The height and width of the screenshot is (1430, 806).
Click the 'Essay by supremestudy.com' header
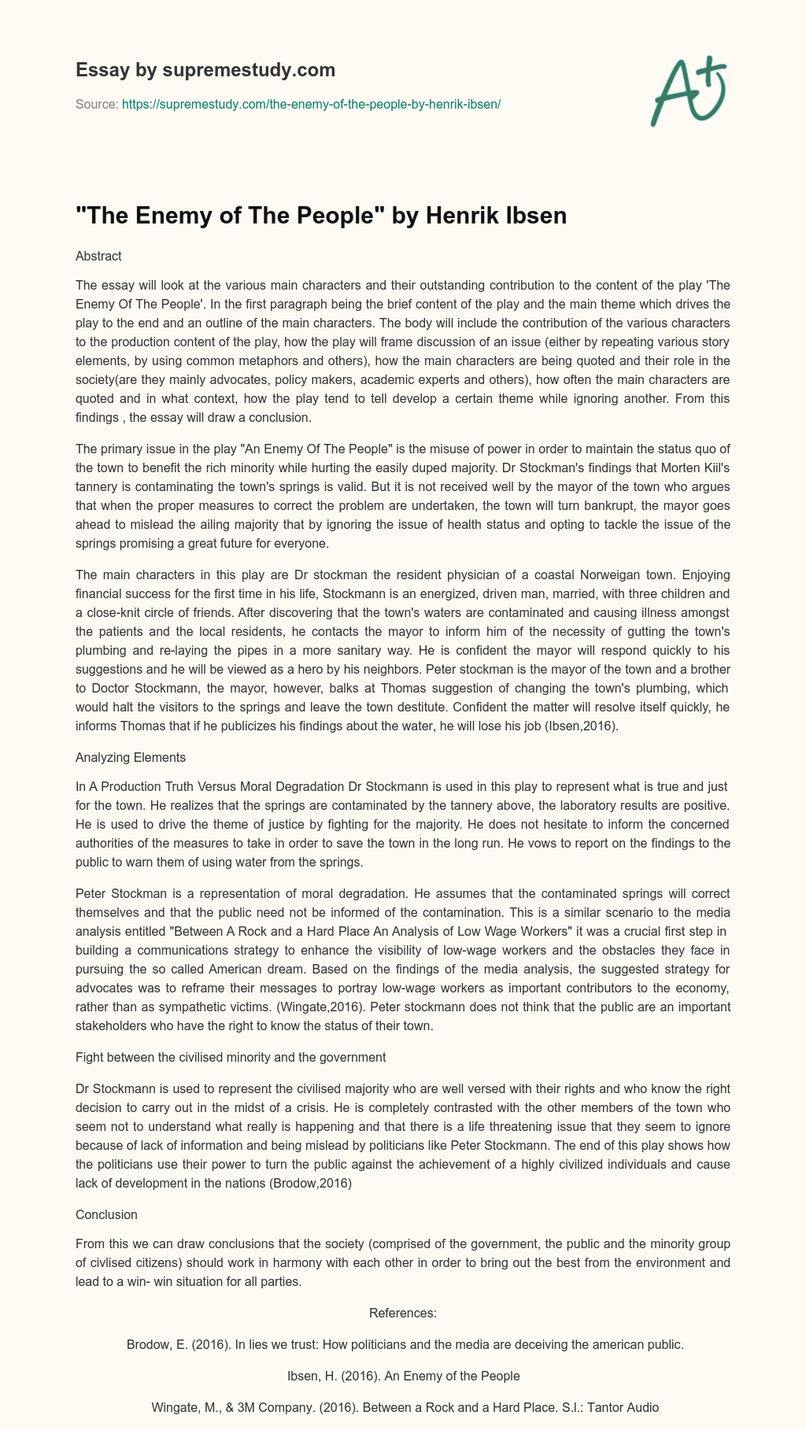coord(205,70)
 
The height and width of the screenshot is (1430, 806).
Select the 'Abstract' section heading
coord(98,256)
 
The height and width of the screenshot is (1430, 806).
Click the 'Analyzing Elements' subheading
coord(130,758)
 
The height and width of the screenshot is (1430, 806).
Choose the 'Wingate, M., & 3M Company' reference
coord(403,1408)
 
